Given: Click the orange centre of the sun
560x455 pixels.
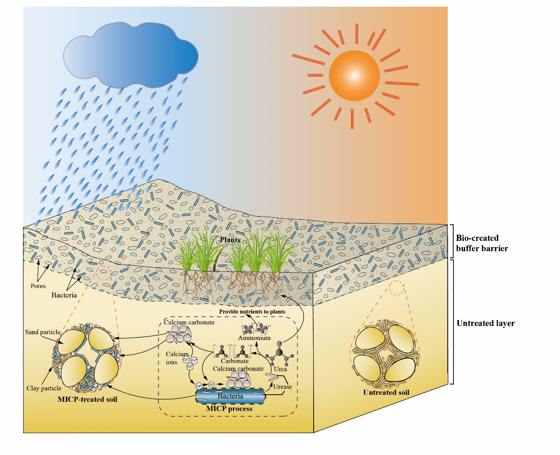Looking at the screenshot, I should pyautogui.click(x=354, y=76).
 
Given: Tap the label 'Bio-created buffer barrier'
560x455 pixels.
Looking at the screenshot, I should pyautogui.click(x=482, y=243).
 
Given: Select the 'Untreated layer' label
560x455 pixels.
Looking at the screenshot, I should pyautogui.click(x=486, y=323).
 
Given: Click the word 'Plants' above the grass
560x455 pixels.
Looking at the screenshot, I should pyautogui.click(x=230, y=240).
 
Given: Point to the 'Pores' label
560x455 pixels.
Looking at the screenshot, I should pyautogui.click(x=38, y=286).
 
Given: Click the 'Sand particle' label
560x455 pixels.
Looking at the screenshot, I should pyautogui.click(x=43, y=332).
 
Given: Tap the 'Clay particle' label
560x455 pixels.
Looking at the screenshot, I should pyautogui.click(x=44, y=388).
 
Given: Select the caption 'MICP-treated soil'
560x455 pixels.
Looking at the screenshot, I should pyautogui.click(x=87, y=399).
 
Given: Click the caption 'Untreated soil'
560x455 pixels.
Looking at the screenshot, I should pyautogui.click(x=386, y=392).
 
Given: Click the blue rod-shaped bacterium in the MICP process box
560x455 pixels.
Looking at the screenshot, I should pyautogui.click(x=230, y=396).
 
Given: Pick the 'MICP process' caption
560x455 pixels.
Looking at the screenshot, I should pyautogui.click(x=229, y=408).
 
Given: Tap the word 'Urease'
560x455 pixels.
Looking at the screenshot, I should pyautogui.click(x=282, y=387).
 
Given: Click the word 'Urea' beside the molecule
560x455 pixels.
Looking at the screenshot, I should pyautogui.click(x=280, y=369).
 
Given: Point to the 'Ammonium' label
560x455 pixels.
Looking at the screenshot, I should pyautogui.click(x=254, y=338).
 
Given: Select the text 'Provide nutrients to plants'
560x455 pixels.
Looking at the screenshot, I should pyautogui.click(x=252, y=311).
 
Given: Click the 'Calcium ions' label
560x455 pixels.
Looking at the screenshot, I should pyautogui.click(x=177, y=358).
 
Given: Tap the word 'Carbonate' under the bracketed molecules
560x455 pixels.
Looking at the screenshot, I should pyautogui.click(x=234, y=361).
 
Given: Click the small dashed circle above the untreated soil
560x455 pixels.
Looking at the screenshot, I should pyautogui.click(x=397, y=288).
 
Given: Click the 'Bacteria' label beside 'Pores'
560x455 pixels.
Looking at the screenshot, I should pyautogui.click(x=64, y=295).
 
